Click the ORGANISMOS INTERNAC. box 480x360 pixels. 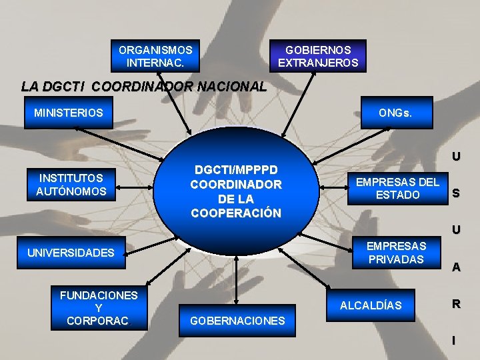[x=155, y=56]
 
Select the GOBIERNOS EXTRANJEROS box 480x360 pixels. [x=318, y=56]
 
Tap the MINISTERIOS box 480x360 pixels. [x=69, y=113]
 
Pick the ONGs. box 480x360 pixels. [x=395, y=113]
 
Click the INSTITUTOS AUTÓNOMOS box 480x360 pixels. [x=71, y=185]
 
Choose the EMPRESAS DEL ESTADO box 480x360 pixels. [x=397, y=188]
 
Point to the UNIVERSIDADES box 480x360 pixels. [x=71, y=253]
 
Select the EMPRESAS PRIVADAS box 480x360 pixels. [x=396, y=253]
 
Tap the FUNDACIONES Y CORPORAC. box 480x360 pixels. [x=99, y=308]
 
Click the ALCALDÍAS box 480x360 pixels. [x=371, y=305]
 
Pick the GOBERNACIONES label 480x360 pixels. [x=237, y=321]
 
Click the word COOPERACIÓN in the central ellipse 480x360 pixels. [x=236, y=213]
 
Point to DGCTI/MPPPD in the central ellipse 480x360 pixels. [x=236, y=170]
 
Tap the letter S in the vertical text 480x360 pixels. [x=455, y=194]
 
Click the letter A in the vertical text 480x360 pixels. [x=455, y=267]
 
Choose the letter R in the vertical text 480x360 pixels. [x=455, y=304]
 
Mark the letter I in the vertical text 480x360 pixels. [x=455, y=341]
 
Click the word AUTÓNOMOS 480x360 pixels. [x=71, y=192]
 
